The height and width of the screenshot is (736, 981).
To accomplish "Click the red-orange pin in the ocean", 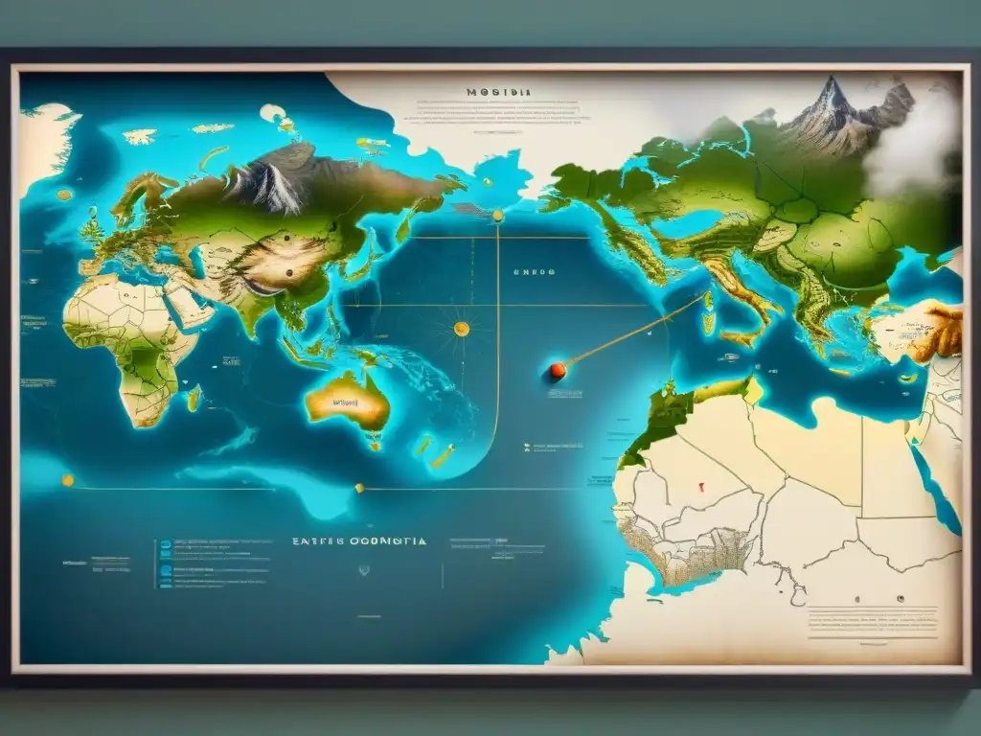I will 557,370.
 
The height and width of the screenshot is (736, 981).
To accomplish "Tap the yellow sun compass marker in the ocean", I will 461,329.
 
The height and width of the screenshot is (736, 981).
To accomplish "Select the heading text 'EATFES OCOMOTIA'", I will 359,541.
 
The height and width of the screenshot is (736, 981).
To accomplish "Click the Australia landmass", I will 348,400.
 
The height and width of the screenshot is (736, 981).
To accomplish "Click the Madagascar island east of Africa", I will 194,397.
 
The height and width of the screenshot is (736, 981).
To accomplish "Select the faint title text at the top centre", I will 499,93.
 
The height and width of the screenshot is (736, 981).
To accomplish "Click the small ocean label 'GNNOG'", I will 534,271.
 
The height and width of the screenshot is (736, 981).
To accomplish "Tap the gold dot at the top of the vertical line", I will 497,217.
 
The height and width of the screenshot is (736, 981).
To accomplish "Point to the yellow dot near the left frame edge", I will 67,480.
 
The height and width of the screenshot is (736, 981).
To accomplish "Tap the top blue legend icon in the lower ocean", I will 165,545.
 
